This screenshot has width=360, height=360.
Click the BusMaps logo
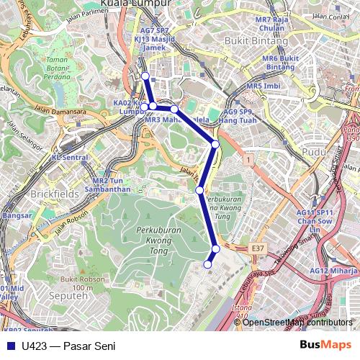[x=325, y=346]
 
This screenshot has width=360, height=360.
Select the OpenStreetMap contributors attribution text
[x=297, y=323]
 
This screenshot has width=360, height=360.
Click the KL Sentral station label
[x=70, y=157]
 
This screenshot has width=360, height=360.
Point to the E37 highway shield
[x=258, y=247]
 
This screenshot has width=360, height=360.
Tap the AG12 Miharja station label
[x=333, y=271]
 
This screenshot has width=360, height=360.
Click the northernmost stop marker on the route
[x=145, y=76]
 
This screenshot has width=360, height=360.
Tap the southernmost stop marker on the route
[x=208, y=264]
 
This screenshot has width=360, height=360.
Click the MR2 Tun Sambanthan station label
[x=112, y=185]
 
